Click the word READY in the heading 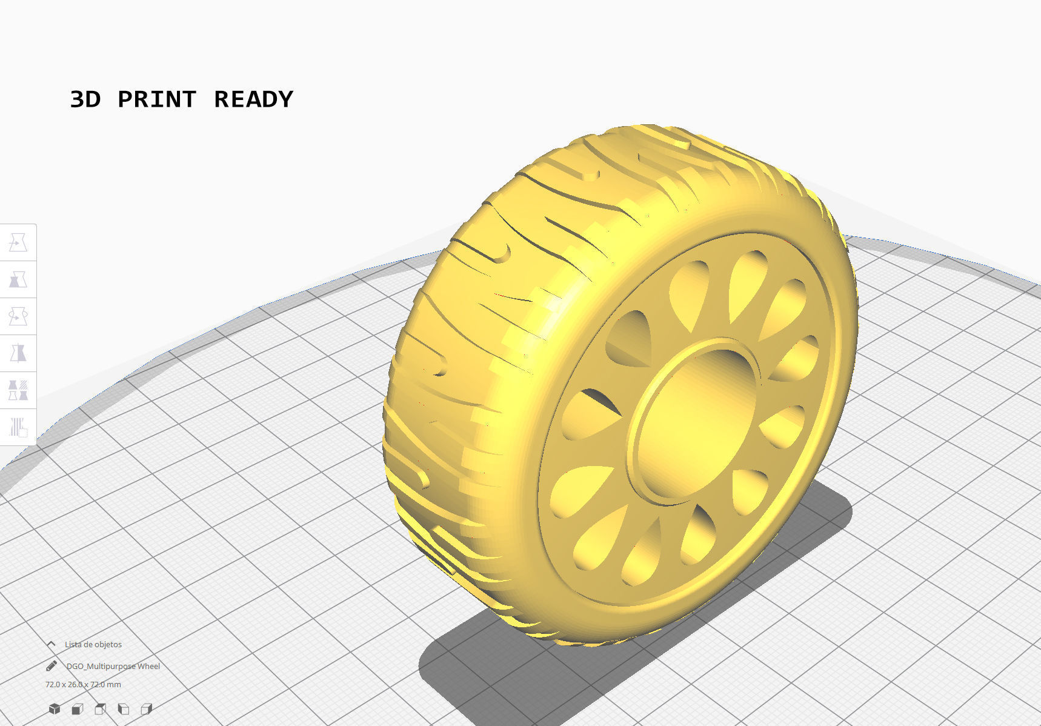point(253,99)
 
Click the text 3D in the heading point(85,99)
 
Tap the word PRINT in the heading point(157,99)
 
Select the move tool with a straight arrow point(18,243)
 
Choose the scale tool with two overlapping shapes point(18,280)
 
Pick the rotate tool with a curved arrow point(18,316)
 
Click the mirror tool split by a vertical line point(18,353)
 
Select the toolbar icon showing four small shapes point(18,390)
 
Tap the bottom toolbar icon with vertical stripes point(18,427)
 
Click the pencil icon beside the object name point(52,666)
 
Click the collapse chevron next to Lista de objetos point(52,644)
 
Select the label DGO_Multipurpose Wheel point(113,666)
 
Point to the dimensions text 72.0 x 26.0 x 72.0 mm point(83,684)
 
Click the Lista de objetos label point(93,644)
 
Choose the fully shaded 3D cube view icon point(55,709)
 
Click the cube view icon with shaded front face point(77,709)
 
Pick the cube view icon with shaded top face point(100,709)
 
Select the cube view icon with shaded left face point(123,709)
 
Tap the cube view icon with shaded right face point(146,709)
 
